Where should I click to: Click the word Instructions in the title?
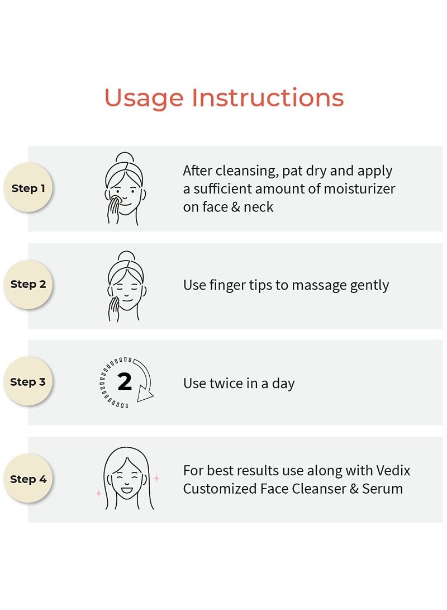pyautogui.click(x=268, y=97)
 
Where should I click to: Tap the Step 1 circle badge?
pyautogui.click(x=28, y=188)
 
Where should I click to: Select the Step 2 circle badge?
pyautogui.click(x=28, y=285)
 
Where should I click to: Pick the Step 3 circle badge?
pyautogui.click(x=28, y=382)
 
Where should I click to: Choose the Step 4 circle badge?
pyautogui.click(x=28, y=479)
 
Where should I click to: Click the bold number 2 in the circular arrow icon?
pyautogui.click(x=125, y=382)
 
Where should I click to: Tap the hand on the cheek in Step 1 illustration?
pyautogui.click(x=113, y=210)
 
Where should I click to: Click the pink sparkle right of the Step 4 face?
pyautogui.click(x=156, y=477)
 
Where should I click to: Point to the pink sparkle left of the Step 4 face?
pyautogui.click(x=99, y=493)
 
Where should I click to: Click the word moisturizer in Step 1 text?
pyautogui.click(x=359, y=188)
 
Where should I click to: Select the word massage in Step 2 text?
pyautogui.click(x=318, y=286)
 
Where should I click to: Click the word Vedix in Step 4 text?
pyautogui.click(x=393, y=470)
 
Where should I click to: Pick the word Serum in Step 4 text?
pyautogui.click(x=382, y=489)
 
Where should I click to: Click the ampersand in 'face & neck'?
pyautogui.click(x=236, y=207)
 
